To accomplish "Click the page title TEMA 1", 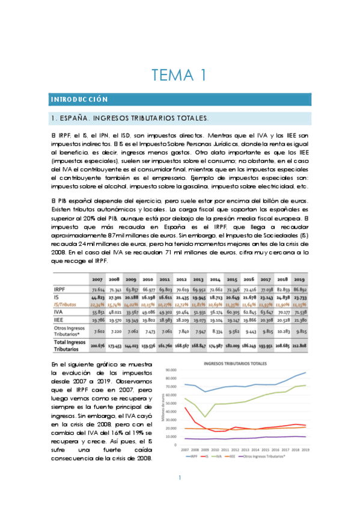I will (179, 75).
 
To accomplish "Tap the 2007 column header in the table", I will (97, 279).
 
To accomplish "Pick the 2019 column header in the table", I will (299, 279).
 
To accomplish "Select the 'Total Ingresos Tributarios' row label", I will (70, 345).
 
